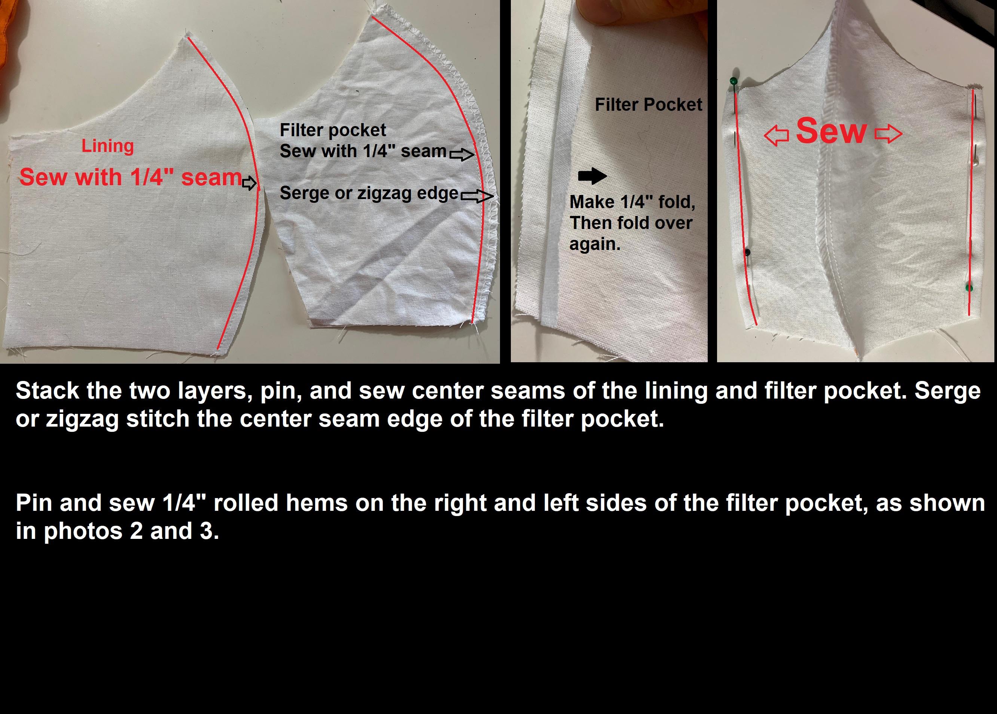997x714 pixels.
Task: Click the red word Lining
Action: pyautogui.click(x=108, y=146)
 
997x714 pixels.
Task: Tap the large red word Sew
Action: pyautogui.click(x=831, y=131)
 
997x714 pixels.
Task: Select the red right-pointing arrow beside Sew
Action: pyautogui.click(x=888, y=134)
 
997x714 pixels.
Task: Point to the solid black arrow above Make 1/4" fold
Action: pyautogui.click(x=592, y=176)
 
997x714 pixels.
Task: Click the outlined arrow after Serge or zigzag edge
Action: pyautogui.click(x=477, y=196)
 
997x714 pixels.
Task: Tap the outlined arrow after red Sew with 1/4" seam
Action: pyautogui.click(x=249, y=183)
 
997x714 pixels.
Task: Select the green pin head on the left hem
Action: pyautogui.click(x=733, y=81)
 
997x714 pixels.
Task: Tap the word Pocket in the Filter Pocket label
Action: pyautogui.click(x=673, y=105)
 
